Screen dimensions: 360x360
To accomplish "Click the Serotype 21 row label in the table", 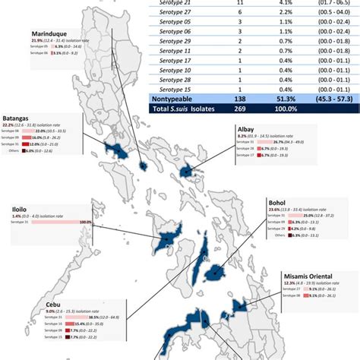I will click(177, 3).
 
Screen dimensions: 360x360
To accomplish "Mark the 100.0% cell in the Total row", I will click(279, 109).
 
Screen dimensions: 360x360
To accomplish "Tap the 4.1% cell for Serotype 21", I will click(279, 3).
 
